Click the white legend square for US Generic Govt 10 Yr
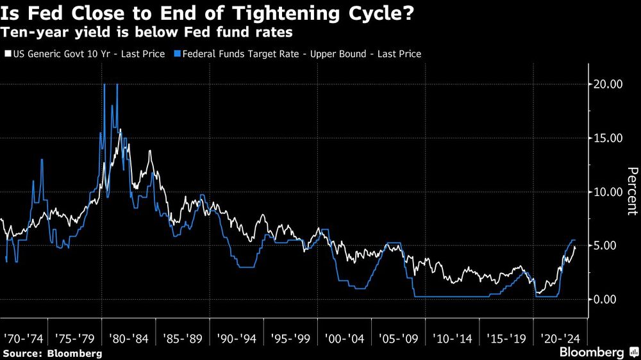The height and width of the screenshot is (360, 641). tap(8, 54)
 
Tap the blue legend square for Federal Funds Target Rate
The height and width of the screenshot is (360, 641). tap(177, 54)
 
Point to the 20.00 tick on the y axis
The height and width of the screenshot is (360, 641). tap(606, 84)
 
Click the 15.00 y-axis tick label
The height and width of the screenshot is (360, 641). tap(606, 138)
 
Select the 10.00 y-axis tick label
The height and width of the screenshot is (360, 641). tap(606, 192)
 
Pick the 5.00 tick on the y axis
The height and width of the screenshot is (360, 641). tap(609, 245)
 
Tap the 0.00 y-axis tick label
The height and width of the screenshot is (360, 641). tap(609, 299)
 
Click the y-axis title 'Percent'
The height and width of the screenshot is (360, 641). tap(631, 191)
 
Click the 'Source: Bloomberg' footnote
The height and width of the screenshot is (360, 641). tap(53, 353)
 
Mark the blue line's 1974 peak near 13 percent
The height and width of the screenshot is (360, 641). tap(42, 160)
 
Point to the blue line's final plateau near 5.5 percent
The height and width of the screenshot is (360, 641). tap(573, 240)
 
